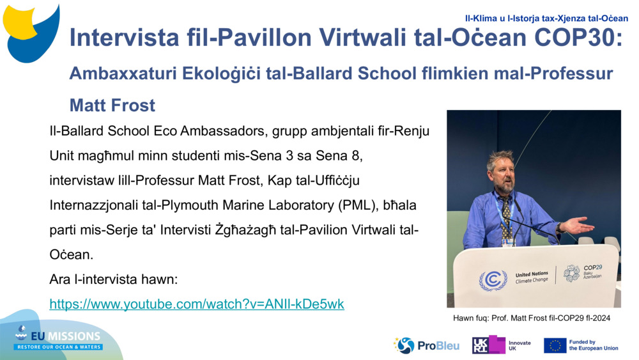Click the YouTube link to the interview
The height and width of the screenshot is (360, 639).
[197, 304]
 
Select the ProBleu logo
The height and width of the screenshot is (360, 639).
[427, 345]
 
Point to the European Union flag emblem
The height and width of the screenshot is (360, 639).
[555, 345]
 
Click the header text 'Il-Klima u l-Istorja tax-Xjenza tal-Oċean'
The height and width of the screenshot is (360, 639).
[546, 18]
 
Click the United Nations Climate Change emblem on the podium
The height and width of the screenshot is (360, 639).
[493, 279]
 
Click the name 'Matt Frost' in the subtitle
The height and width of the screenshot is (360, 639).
[112, 104]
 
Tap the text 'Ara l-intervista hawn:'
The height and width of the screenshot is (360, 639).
[112, 279]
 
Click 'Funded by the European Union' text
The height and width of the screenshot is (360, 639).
[593, 345]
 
